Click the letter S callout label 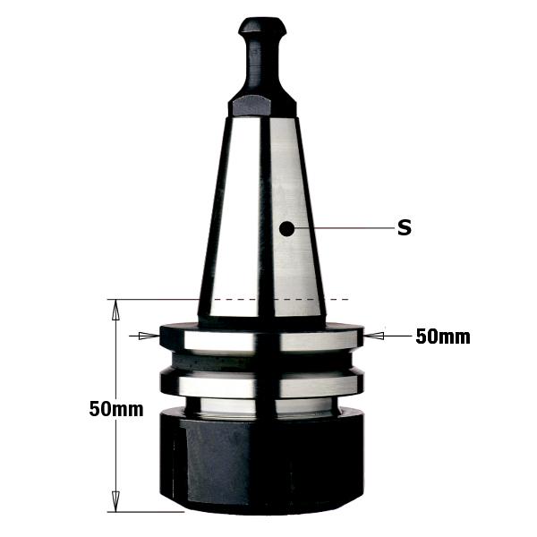[x=405, y=227]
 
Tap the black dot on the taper [x=286, y=229]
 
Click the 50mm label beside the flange [x=443, y=337]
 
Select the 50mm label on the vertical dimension [x=116, y=409]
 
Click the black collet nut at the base [x=262, y=463]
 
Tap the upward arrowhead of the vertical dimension [x=115, y=310]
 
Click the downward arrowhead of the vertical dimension [x=115, y=501]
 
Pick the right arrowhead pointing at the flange [x=374, y=336]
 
